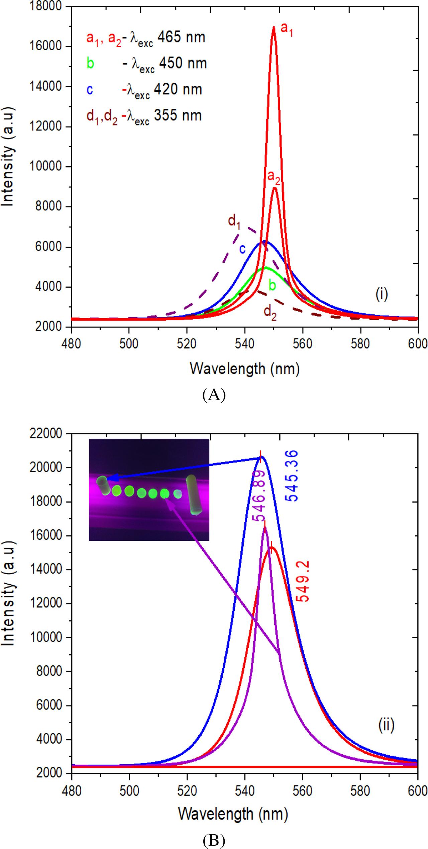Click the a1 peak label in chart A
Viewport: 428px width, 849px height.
point(287,29)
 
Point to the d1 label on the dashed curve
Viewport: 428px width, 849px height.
point(234,222)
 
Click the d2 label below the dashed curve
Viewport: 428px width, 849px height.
point(270,312)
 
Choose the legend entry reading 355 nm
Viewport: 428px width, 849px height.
point(144,116)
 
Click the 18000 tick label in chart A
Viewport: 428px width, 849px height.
point(47,6)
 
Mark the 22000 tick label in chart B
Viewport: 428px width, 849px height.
point(47,434)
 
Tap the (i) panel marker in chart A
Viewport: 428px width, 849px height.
point(381,295)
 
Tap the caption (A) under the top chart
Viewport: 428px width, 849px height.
point(214,395)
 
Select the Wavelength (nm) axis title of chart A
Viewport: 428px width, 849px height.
point(244,369)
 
